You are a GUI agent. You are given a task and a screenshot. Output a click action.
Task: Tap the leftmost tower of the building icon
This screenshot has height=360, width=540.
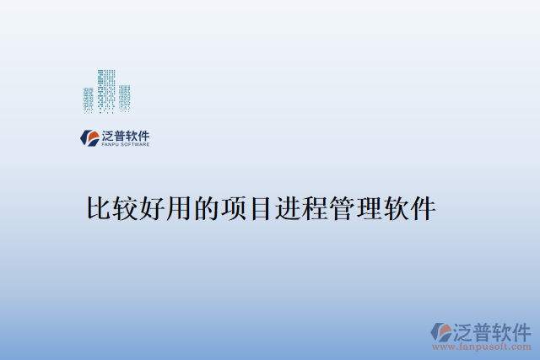click(89, 100)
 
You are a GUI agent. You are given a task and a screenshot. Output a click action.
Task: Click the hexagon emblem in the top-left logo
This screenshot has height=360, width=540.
click(89, 137)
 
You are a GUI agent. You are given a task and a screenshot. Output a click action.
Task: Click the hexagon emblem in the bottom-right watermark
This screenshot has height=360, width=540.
click(441, 331)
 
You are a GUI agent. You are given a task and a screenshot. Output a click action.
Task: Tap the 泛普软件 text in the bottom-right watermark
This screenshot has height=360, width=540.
click(494, 329)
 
